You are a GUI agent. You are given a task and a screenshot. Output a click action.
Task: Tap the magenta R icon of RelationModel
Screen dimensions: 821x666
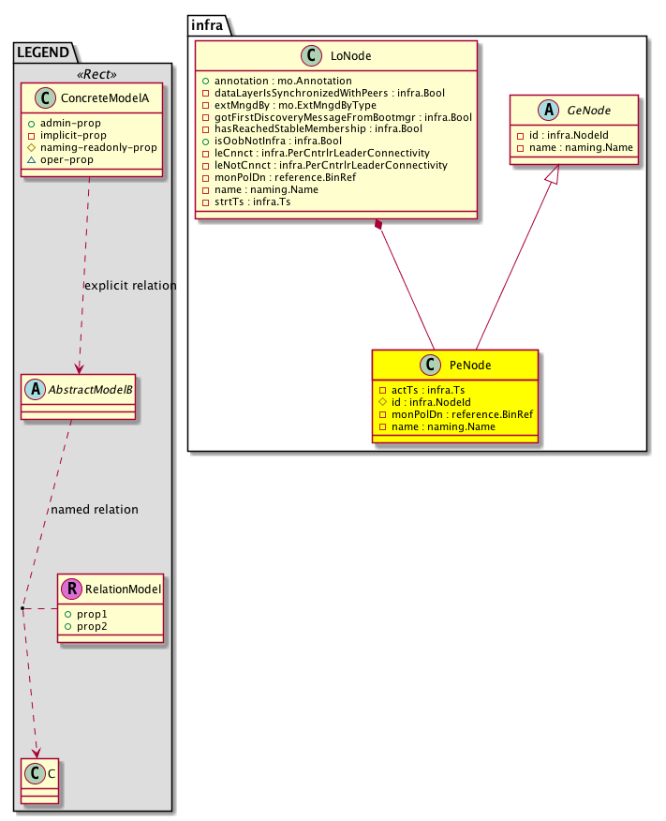[x=72, y=590]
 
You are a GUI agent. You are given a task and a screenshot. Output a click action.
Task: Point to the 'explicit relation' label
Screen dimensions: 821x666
[x=130, y=285]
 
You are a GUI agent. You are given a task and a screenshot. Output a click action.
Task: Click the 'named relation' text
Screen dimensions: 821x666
[x=95, y=510]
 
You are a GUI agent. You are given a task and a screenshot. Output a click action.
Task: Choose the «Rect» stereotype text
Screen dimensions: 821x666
[x=93, y=73]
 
